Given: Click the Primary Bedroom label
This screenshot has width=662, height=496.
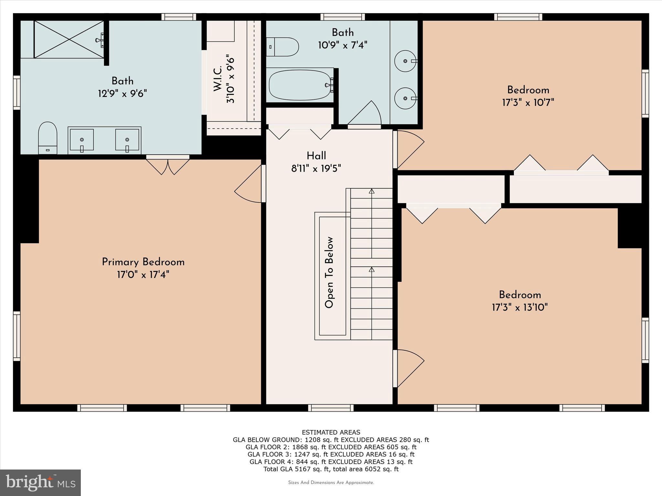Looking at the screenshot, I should [143, 262].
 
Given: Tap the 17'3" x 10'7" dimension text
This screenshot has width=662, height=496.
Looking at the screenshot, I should [528, 103].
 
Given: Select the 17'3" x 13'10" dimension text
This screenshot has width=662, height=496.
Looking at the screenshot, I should [520, 307].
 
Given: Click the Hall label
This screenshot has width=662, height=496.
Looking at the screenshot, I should [316, 156].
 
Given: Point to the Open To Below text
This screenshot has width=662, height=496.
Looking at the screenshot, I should [329, 273].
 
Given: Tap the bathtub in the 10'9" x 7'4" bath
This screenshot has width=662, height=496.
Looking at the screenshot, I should [300, 85].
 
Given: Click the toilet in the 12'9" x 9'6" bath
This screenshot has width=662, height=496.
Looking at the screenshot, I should [48, 138].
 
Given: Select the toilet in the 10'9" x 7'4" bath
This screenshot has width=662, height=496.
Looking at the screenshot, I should [282, 47].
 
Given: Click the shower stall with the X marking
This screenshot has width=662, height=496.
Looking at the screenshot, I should [69, 39].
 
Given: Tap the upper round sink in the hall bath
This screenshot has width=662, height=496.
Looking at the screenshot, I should [405, 61].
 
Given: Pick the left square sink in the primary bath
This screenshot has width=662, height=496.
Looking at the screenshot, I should [82, 140].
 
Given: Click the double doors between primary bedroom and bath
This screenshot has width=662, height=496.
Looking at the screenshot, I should [168, 165].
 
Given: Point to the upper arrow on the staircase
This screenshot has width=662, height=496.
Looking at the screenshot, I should [372, 191].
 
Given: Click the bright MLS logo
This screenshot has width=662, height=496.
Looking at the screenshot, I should [40, 482].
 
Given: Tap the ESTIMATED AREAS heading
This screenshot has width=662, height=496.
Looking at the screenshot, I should [331, 432].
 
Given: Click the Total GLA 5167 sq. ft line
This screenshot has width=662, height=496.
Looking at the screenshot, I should [331, 469].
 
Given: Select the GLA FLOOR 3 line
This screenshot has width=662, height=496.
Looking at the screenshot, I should [331, 454].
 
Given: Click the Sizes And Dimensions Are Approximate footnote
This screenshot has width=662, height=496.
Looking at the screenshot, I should [331, 482].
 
